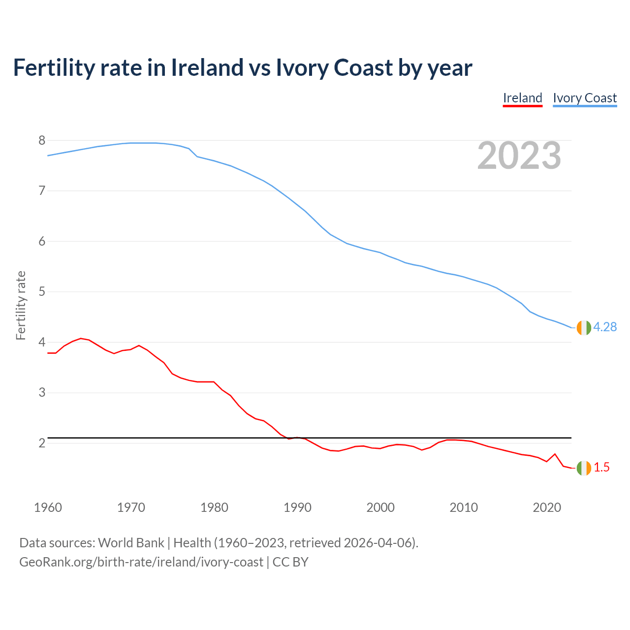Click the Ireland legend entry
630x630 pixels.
[522, 98]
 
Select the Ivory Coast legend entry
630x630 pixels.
[585, 98]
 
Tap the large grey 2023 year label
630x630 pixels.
[519, 156]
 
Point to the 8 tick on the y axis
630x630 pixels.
[42, 141]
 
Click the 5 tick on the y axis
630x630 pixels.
[42, 292]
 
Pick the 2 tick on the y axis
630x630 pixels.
[42, 443]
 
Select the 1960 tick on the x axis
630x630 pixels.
[48, 507]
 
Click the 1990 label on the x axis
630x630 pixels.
[297, 507]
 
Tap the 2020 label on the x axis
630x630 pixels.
[547, 507]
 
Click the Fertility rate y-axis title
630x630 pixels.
[21, 305]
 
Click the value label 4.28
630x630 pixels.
[605, 327]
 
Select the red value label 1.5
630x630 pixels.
[601, 468]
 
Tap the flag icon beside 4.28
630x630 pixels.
[584, 327]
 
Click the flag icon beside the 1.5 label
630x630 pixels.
[584, 468]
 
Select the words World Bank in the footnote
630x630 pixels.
[131, 543]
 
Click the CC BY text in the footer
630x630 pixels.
[290, 562]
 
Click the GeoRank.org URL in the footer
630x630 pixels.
[141, 562]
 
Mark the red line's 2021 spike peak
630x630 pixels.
[555, 454]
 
